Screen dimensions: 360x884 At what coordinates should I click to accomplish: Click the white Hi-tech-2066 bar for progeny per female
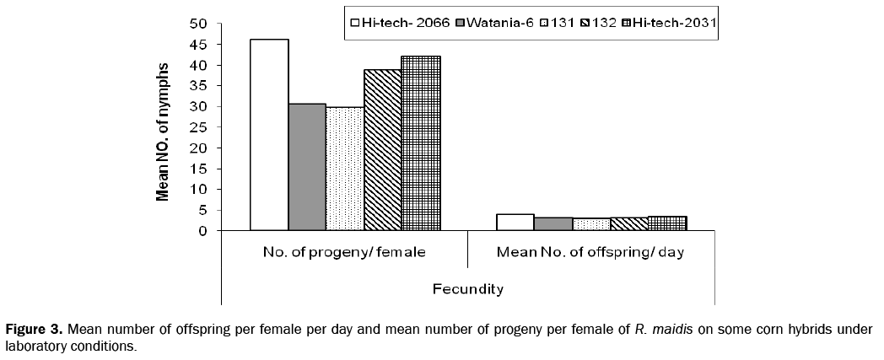pyautogui.click(x=269, y=135)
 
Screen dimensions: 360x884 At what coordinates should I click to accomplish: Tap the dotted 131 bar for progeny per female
pyautogui.click(x=345, y=169)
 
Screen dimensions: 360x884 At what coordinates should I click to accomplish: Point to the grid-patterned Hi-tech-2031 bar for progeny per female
pyautogui.click(x=420, y=143)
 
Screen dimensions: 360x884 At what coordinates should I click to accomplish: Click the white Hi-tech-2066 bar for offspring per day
pyautogui.click(x=515, y=223)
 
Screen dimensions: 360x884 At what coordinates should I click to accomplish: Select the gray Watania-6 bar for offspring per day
pyautogui.click(x=552, y=224)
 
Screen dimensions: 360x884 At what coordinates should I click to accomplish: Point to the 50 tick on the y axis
pyautogui.click(x=198, y=24)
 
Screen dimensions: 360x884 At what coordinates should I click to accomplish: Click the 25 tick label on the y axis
pyautogui.click(x=198, y=127)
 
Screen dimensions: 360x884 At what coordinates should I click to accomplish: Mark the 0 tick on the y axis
pyautogui.click(x=203, y=230)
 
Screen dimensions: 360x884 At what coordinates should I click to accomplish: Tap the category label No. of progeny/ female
pyautogui.click(x=344, y=252)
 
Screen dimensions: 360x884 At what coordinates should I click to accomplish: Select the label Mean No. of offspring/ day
pyautogui.click(x=590, y=252)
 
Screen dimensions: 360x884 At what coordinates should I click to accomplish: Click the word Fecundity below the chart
pyautogui.click(x=468, y=289)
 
